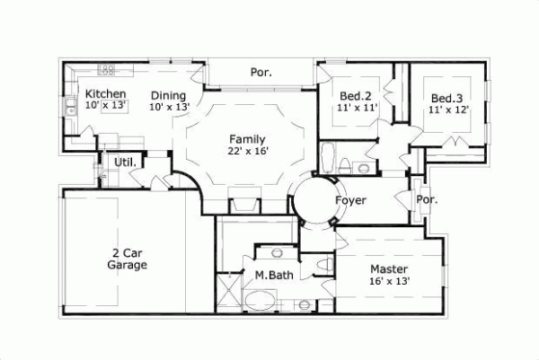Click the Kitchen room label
105,94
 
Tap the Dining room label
168,96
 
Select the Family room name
246,139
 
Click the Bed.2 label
357,96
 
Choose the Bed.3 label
446,98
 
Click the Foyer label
349,200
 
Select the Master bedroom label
389,269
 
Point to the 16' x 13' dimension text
389,281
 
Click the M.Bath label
270,275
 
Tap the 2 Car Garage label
127,259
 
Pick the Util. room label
125,162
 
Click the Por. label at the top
261,72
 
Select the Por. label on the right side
427,200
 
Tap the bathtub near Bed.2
329,159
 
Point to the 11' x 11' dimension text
357,109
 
